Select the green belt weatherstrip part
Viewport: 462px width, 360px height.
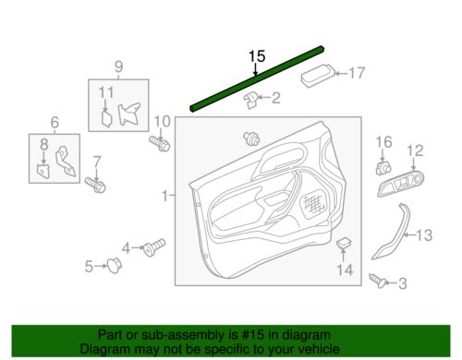(x=255, y=78)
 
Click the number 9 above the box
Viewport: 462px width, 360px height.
(x=118, y=66)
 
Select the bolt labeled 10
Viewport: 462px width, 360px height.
(x=159, y=145)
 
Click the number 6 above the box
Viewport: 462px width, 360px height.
(x=54, y=122)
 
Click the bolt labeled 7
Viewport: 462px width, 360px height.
(x=93, y=185)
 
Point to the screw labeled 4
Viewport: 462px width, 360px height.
(x=152, y=246)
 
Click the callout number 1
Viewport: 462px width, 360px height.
(x=165, y=196)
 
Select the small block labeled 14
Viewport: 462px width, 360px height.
(x=343, y=244)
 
